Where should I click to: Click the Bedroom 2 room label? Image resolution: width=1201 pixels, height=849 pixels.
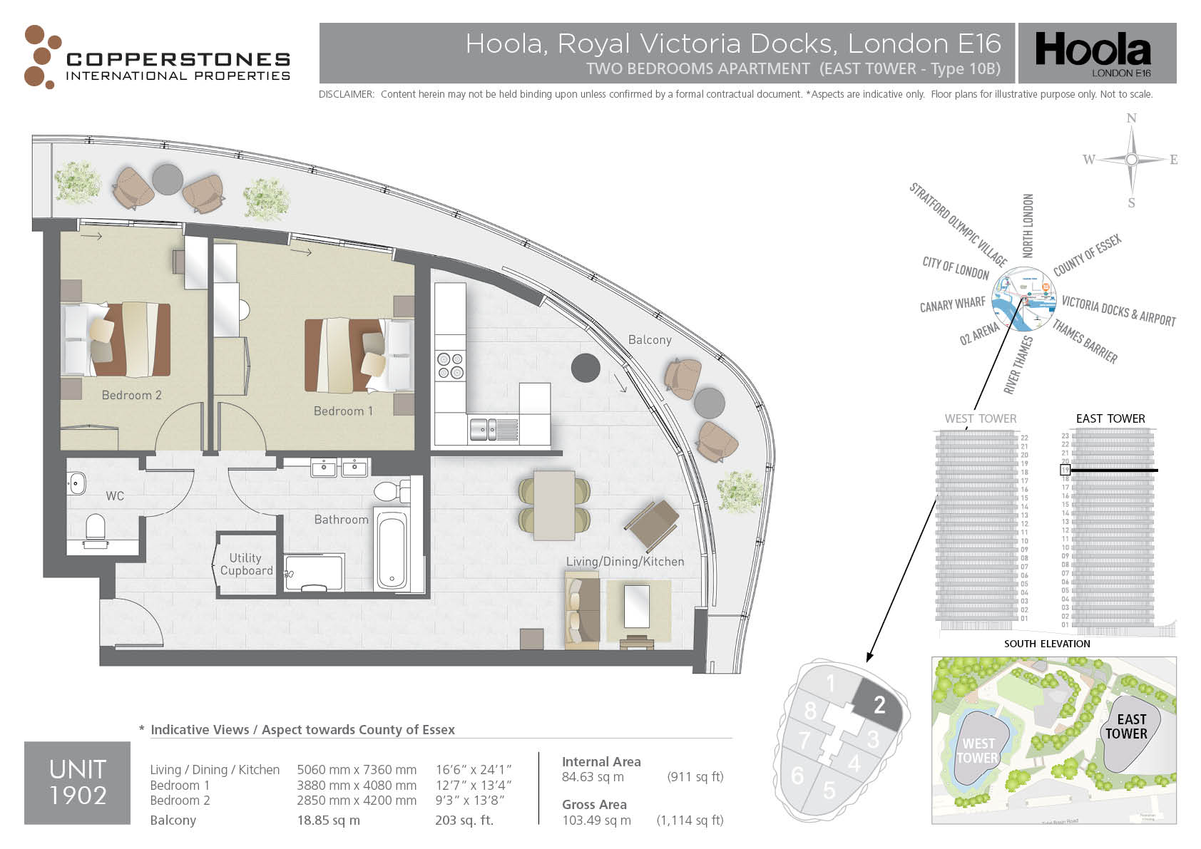point(131,395)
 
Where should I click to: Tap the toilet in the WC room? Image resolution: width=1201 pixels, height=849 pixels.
point(95,528)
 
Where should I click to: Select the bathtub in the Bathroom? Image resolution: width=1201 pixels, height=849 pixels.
point(392,549)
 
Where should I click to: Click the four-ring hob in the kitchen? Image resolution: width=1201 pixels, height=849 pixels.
point(450,366)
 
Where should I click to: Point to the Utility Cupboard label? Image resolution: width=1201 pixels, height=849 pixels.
point(246,564)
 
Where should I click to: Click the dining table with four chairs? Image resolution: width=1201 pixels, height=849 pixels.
point(555,505)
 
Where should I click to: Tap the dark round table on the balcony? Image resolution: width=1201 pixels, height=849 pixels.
point(586,368)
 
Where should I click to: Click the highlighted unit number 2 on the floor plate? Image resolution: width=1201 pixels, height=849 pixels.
point(879,705)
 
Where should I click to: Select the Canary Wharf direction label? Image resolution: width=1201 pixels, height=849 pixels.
point(952,304)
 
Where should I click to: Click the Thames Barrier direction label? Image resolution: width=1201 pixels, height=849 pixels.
point(1085,341)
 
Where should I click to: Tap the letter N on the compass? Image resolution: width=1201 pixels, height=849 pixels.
point(1131,118)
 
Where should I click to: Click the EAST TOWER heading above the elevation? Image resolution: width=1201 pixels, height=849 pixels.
point(1110,418)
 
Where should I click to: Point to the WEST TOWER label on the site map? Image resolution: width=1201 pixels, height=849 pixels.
point(978,751)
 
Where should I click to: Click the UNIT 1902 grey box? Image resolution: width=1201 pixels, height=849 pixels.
point(77,783)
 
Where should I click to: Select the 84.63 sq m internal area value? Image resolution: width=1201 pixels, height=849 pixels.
point(593,777)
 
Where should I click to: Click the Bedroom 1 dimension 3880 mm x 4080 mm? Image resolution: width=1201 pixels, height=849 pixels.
point(357,786)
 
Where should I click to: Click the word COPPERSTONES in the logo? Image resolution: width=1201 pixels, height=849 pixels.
point(178,60)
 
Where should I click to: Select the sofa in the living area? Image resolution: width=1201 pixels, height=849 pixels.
point(582,610)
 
